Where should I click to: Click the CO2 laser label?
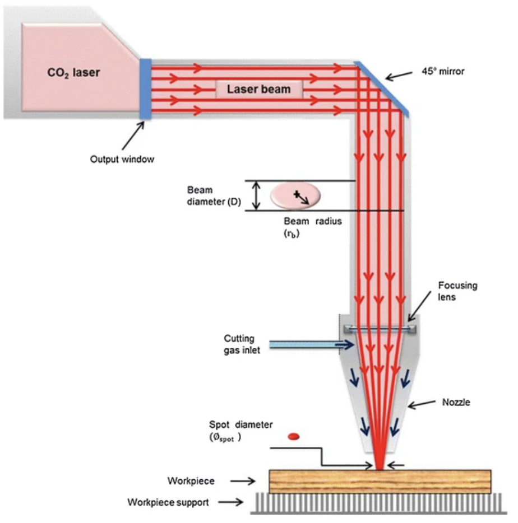pyautogui.click(x=73, y=72)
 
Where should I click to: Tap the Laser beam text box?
pyautogui.click(x=259, y=89)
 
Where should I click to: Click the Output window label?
pyautogui.click(x=122, y=159)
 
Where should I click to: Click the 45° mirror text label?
pyautogui.click(x=442, y=72)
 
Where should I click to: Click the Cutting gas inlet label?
pyautogui.click(x=239, y=344)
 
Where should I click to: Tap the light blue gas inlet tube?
pyautogui.click(x=303, y=345)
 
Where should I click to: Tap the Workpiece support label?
pyautogui.click(x=168, y=502)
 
